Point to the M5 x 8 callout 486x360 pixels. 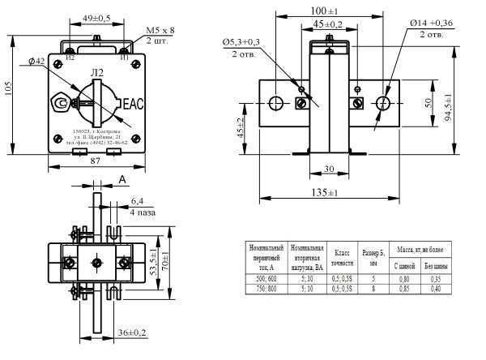(160, 30)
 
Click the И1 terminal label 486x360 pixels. (123, 58)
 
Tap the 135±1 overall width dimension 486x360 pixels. (324, 192)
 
